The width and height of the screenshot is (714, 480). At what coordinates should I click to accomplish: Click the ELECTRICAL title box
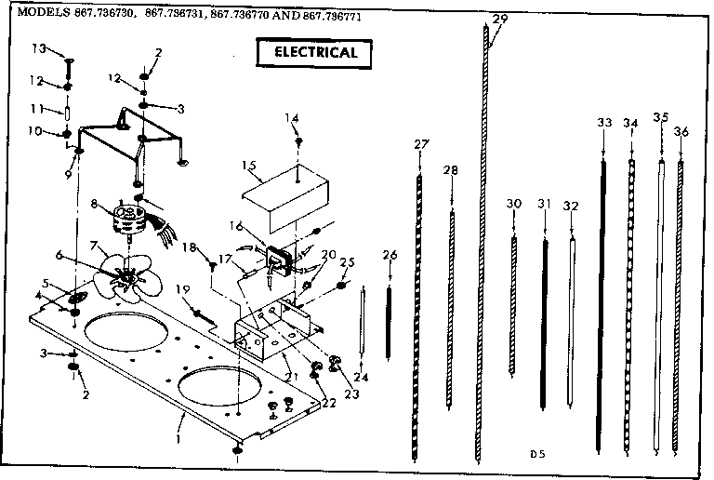click(x=314, y=52)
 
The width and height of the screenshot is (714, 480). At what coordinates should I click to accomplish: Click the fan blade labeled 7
click(x=122, y=276)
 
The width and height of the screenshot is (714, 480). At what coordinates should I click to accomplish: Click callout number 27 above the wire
click(x=421, y=143)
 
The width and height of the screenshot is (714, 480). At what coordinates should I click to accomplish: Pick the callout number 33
click(x=604, y=122)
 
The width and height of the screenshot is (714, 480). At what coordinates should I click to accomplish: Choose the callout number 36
click(x=681, y=132)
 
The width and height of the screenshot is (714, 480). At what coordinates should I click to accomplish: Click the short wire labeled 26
click(x=390, y=307)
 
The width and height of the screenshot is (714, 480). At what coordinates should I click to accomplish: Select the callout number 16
click(x=236, y=225)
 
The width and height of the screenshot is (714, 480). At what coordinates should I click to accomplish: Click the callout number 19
click(x=182, y=288)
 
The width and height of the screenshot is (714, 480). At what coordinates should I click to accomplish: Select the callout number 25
click(x=348, y=263)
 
